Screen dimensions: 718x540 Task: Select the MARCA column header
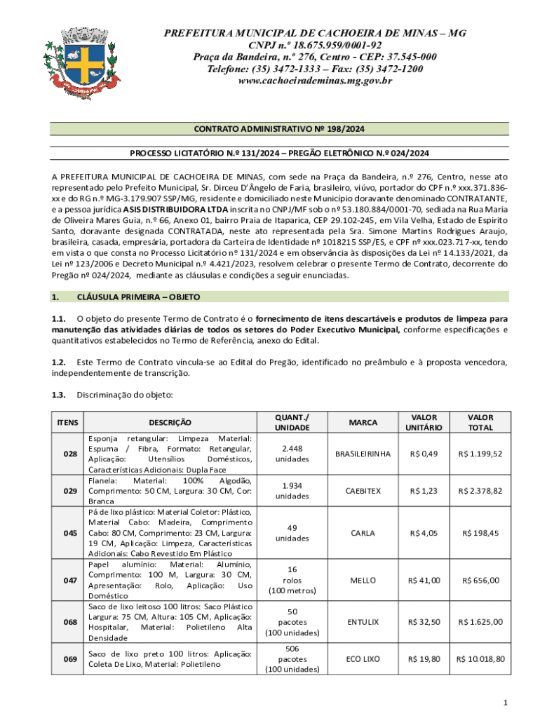tap(363, 422)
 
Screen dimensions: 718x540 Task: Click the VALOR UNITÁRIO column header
tap(424, 422)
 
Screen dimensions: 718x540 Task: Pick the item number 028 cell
tap(70, 454)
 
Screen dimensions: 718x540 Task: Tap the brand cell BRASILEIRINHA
tap(363, 454)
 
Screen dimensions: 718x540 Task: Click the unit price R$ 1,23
tap(424, 491)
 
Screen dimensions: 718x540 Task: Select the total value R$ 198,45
tap(480, 533)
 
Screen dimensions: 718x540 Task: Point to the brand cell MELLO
tap(363, 580)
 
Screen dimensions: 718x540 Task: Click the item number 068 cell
tap(70, 622)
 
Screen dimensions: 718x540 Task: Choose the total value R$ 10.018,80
tap(480, 659)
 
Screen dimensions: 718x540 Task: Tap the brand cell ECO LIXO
tap(363, 659)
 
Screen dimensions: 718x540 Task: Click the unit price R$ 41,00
tap(424, 580)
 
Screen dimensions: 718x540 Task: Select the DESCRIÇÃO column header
tap(170, 422)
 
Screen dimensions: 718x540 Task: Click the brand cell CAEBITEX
tap(363, 491)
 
